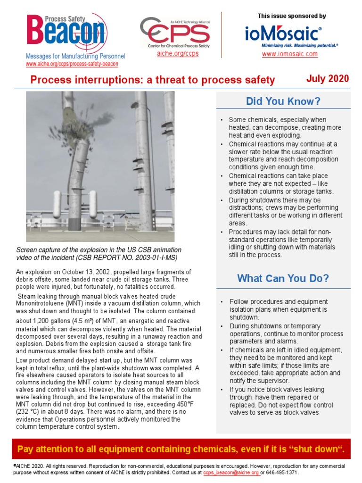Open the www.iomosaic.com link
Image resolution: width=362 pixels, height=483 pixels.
(290, 54)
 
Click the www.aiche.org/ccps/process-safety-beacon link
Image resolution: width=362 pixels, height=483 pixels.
(72, 64)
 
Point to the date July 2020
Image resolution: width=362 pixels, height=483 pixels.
(328, 79)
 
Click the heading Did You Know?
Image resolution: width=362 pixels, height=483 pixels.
(283, 101)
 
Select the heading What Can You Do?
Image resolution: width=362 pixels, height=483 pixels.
(283, 278)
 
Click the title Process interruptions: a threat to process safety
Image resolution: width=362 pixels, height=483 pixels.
(152, 80)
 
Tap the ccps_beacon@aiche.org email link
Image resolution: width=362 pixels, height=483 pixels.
(231, 472)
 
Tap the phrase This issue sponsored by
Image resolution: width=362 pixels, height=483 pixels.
(292, 16)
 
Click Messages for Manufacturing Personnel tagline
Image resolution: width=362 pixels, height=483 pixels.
(75, 57)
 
